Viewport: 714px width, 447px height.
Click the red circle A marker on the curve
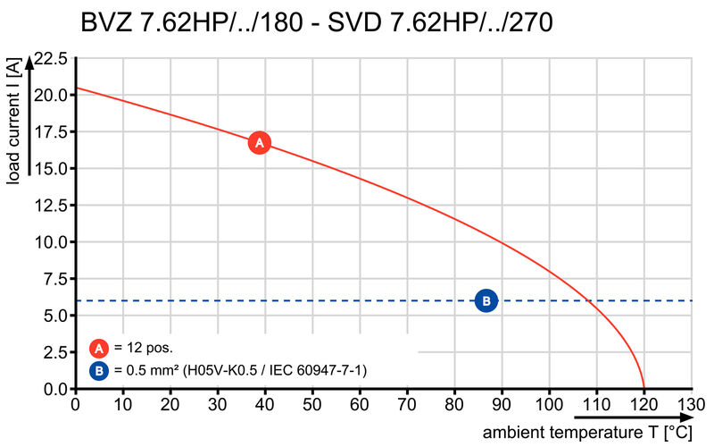pos(259,142)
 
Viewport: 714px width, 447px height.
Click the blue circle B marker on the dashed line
pos(486,301)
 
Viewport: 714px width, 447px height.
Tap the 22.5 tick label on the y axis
pos(49,59)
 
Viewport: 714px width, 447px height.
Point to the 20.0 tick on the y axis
pos(49,95)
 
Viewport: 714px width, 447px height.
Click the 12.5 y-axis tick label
pos(49,206)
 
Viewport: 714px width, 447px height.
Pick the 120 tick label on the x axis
pos(644,405)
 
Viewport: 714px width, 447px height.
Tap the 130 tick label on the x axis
pos(692,405)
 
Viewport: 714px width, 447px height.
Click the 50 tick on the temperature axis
pos(312,405)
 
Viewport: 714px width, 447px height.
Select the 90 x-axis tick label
pos(502,405)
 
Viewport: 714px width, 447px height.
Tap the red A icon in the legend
pos(100,349)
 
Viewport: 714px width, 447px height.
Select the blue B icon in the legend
pos(100,369)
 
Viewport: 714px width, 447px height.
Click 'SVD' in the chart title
pos(353,22)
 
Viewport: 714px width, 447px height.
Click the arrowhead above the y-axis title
pos(31,62)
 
